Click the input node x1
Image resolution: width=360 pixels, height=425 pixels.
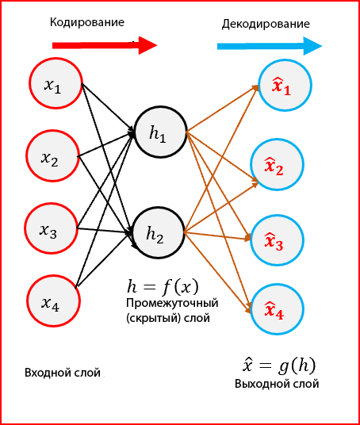tap(56, 83)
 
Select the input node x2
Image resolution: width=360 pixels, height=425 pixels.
tap(52, 155)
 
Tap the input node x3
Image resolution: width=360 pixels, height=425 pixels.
tap(51, 228)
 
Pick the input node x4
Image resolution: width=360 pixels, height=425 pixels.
tap(54, 301)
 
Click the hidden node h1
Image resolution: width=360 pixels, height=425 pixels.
tap(161, 132)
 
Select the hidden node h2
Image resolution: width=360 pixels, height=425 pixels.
tap(159, 232)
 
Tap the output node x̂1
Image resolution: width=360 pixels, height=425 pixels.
tap(285, 85)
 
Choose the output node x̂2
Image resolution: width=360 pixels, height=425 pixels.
tap(277, 164)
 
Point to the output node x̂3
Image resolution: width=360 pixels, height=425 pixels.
tap(277, 240)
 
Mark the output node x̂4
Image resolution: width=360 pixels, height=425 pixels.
tap(277, 309)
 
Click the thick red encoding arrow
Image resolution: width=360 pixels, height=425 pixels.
tap(105, 45)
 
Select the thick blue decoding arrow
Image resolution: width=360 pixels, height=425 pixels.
tap(270, 46)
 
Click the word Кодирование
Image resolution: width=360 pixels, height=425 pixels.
tap(87, 22)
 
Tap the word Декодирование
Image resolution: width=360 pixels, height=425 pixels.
tap(266, 24)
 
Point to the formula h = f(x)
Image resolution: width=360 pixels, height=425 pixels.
tap(163, 287)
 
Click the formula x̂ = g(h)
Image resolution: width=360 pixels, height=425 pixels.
tap(279, 366)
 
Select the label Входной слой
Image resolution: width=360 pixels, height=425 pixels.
tap(63, 373)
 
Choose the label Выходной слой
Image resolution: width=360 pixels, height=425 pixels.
tap(277, 384)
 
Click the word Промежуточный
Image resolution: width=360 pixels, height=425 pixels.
tap(172, 303)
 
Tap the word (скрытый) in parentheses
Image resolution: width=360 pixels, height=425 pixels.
tap(153, 318)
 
